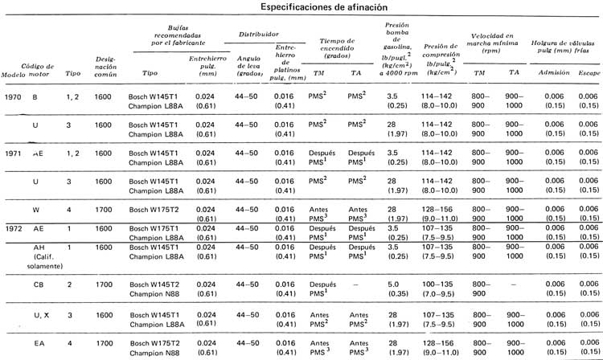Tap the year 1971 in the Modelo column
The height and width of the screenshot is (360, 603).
11,153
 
